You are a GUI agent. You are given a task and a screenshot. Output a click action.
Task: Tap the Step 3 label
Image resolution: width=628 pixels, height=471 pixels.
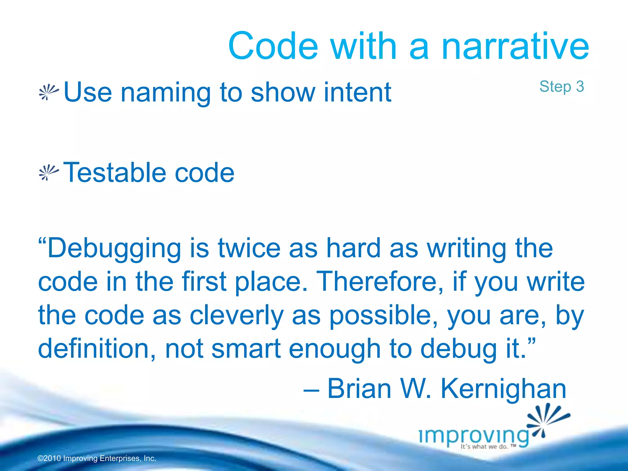point(561,86)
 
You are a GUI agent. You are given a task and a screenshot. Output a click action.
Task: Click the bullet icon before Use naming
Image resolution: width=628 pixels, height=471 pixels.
point(48,92)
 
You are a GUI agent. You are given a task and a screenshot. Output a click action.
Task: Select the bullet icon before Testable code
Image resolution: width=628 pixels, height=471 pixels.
point(48,173)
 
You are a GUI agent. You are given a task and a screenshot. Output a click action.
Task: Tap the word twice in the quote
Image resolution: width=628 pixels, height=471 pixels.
point(249,248)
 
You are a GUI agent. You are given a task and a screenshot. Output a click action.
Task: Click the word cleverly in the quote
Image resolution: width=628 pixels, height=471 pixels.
point(236,316)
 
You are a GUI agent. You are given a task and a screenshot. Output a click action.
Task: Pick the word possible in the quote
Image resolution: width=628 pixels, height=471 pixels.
point(383,316)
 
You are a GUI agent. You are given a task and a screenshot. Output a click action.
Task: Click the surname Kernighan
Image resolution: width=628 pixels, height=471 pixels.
point(503,389)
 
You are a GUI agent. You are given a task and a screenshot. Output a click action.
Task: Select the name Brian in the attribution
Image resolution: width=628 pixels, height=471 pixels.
point(359,389)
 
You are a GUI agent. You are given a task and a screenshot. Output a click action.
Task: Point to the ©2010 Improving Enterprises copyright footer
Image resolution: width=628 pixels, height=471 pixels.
point(97,458)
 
